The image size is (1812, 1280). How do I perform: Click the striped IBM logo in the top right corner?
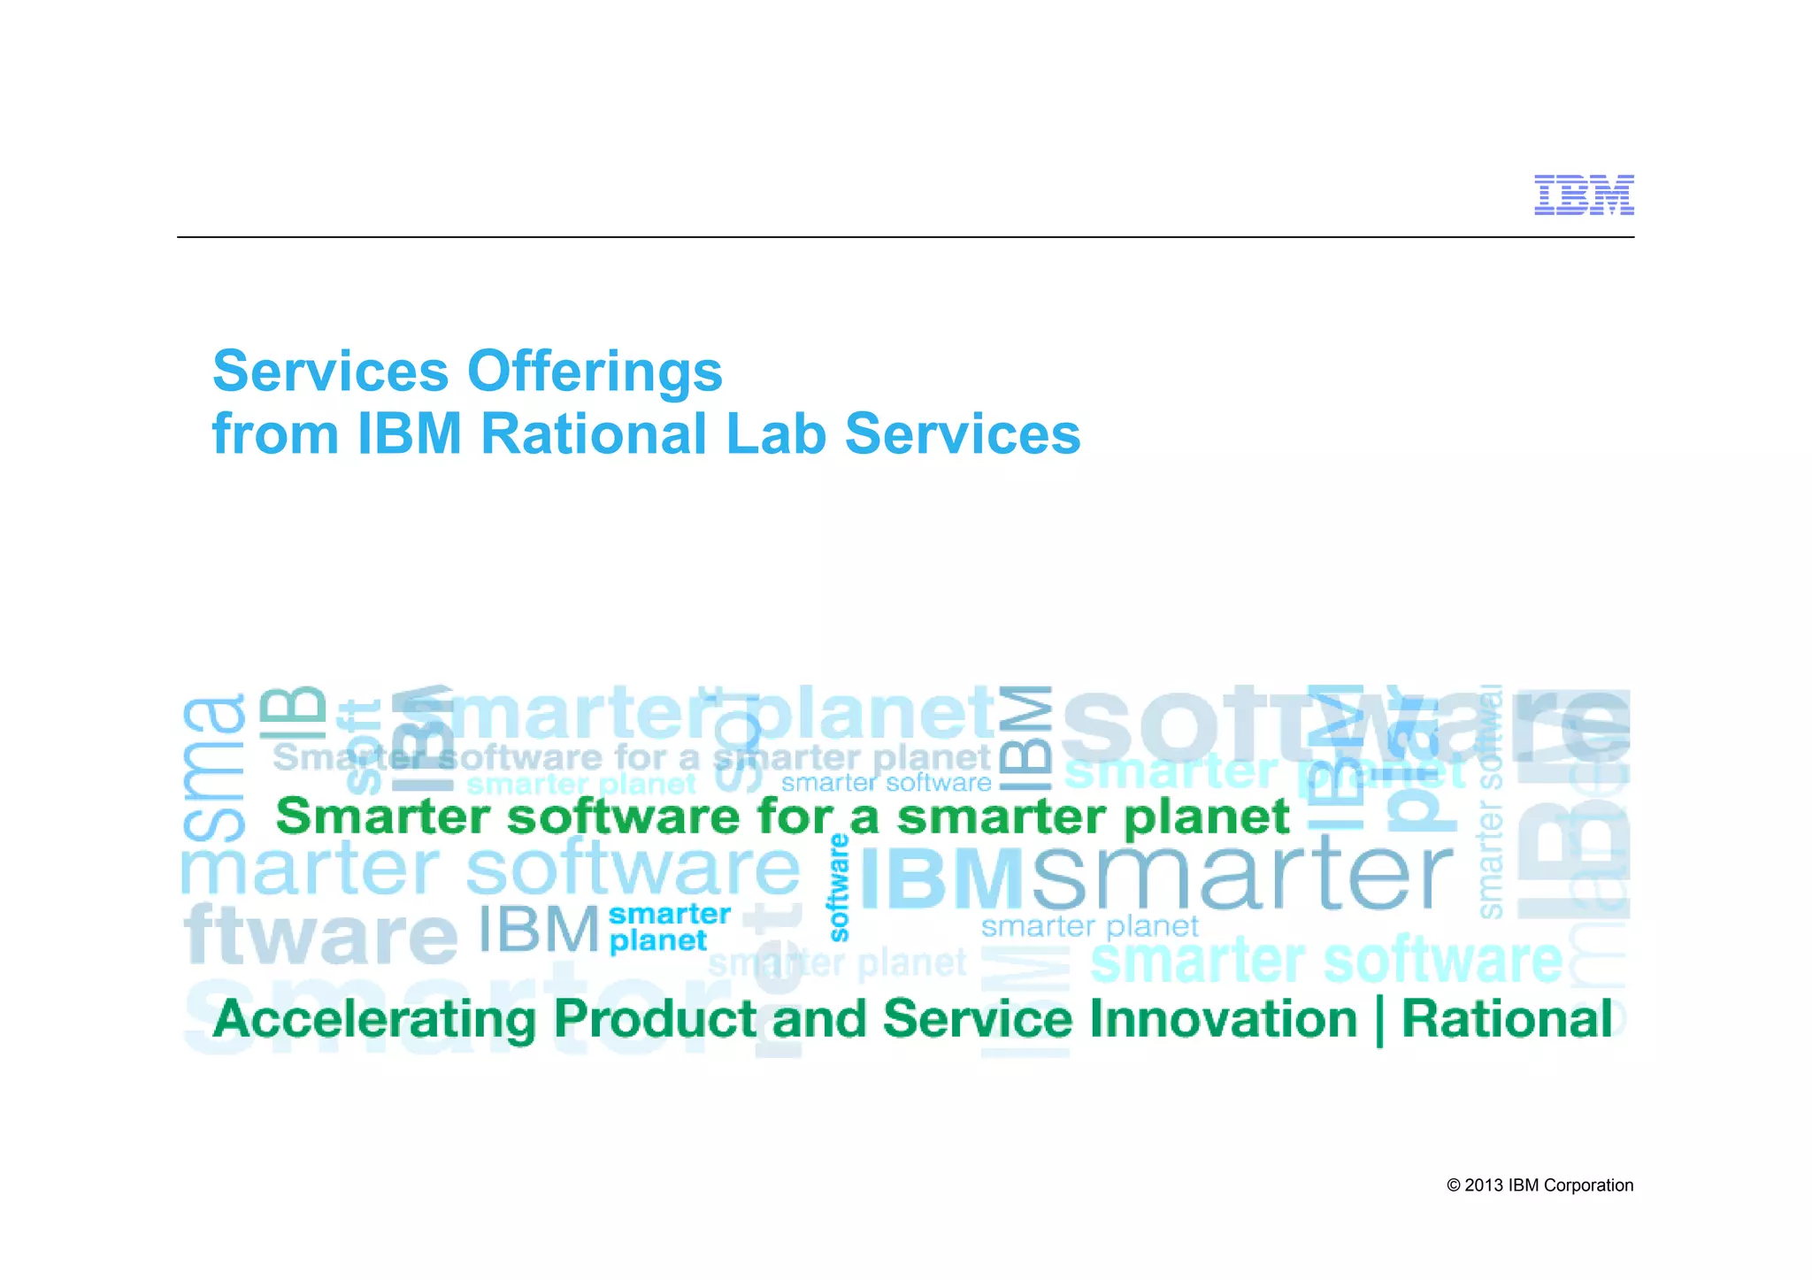[x=1583, y=195]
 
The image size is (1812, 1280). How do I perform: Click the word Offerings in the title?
[x=595, y=372]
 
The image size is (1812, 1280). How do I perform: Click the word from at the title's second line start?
[x=275, y=433]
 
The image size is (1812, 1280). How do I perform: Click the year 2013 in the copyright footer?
[x=1484, y=1185]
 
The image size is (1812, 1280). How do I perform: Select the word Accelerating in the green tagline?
[x=374, y=1019]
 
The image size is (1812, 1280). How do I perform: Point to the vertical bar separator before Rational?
[x=1379, y=1021]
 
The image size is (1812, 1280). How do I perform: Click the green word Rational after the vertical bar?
[x=1507, y=1019]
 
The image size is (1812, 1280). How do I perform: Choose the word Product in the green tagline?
[x=654, y=1019]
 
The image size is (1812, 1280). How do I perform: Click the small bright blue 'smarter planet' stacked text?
[x=669, y=927]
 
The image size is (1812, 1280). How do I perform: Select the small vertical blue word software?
[x=839, y=887]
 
